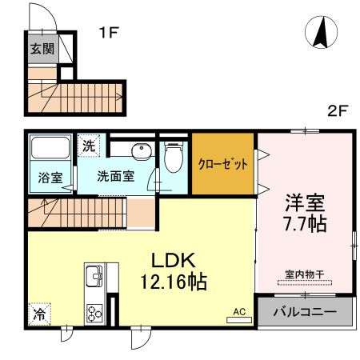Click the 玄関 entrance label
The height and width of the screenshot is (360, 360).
[x=42, y=49]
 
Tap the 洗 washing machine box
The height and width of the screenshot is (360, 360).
[x=88, y=147]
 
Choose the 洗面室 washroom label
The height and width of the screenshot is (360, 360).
[x=115, y=176]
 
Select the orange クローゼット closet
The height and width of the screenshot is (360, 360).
[x=222, y=163]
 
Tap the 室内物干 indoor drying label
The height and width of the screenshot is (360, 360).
[x=305, y=274]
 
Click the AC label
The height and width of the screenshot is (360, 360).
[x=238, y=310]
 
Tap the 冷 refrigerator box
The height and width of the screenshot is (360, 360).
[x=38, y=315]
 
